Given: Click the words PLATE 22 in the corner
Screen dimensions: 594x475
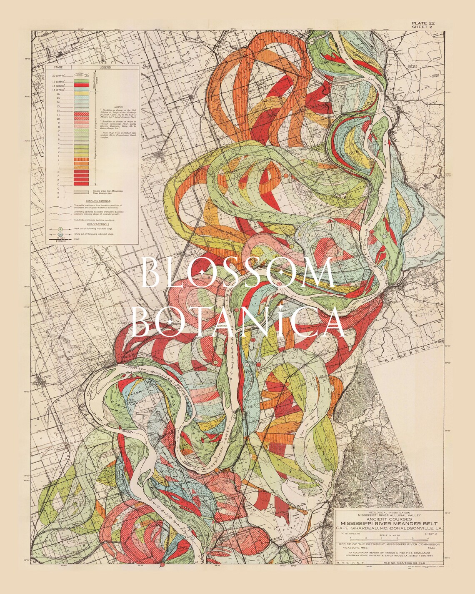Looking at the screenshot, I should (x=423, y=23).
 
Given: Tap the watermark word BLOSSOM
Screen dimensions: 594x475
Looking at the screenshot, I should (x=238, y=273).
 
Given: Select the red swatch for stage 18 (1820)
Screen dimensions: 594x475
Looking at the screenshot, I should (x=82, y=85).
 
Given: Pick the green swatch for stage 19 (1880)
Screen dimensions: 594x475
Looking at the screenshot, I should (x=82, y=81).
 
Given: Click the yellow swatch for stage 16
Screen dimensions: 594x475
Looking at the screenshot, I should (x=82, y=94).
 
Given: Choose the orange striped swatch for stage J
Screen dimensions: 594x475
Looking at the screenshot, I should (x=82, y=159).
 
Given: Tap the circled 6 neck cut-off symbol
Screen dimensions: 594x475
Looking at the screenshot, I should (x=60, y=229).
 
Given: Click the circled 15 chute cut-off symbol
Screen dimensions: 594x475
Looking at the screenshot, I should (x=60, y=234).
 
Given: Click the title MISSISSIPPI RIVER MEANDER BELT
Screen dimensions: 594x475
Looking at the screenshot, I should (x=389, y=523).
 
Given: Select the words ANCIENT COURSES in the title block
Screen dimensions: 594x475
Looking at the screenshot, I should (x=389, y=519).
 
